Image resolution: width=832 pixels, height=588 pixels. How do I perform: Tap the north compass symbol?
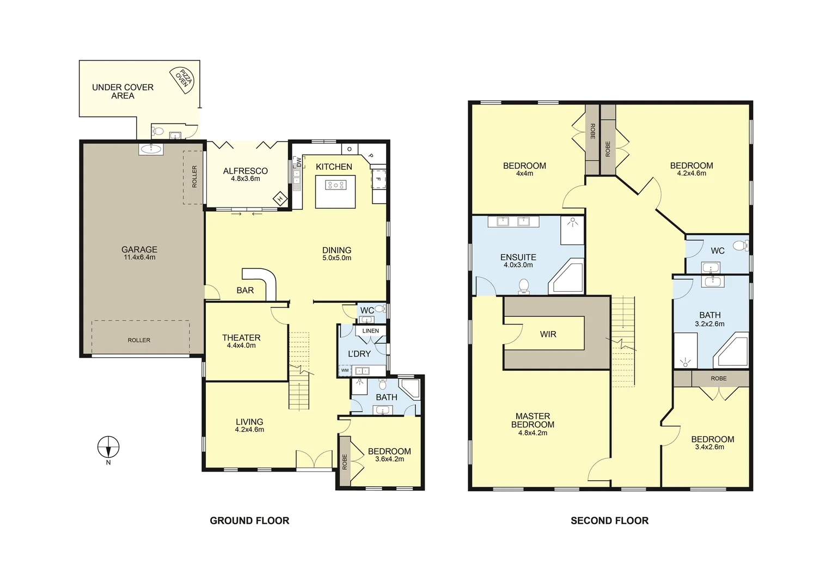click(108, 448)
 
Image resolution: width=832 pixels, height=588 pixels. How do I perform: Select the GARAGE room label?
click(139, 250)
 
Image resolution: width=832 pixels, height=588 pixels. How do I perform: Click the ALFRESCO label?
click(245, 171)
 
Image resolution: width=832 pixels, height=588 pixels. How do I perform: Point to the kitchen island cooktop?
click(335, 185)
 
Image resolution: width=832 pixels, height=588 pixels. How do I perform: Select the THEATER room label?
click(241, 338)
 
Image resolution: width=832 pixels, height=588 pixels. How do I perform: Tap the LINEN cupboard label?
click(370, 331)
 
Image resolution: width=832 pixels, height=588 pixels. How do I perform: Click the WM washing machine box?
click(345, 371)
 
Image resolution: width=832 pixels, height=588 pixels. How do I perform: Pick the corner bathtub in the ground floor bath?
click(409, 389)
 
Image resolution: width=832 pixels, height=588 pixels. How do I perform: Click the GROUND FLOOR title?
click(249, 521)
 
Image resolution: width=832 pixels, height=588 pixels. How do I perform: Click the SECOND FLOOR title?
click(609, 521)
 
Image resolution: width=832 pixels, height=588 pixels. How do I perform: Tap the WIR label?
click(548, 334)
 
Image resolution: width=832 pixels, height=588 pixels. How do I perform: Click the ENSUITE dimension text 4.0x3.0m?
click(518, 265)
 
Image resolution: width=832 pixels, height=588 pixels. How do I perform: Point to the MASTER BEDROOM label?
click(533, 420)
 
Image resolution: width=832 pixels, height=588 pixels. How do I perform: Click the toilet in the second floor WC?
click(739, 246)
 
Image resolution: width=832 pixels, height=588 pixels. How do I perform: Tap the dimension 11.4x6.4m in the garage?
click(139, 258)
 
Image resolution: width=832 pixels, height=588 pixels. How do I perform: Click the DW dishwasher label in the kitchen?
click(298, 162)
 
